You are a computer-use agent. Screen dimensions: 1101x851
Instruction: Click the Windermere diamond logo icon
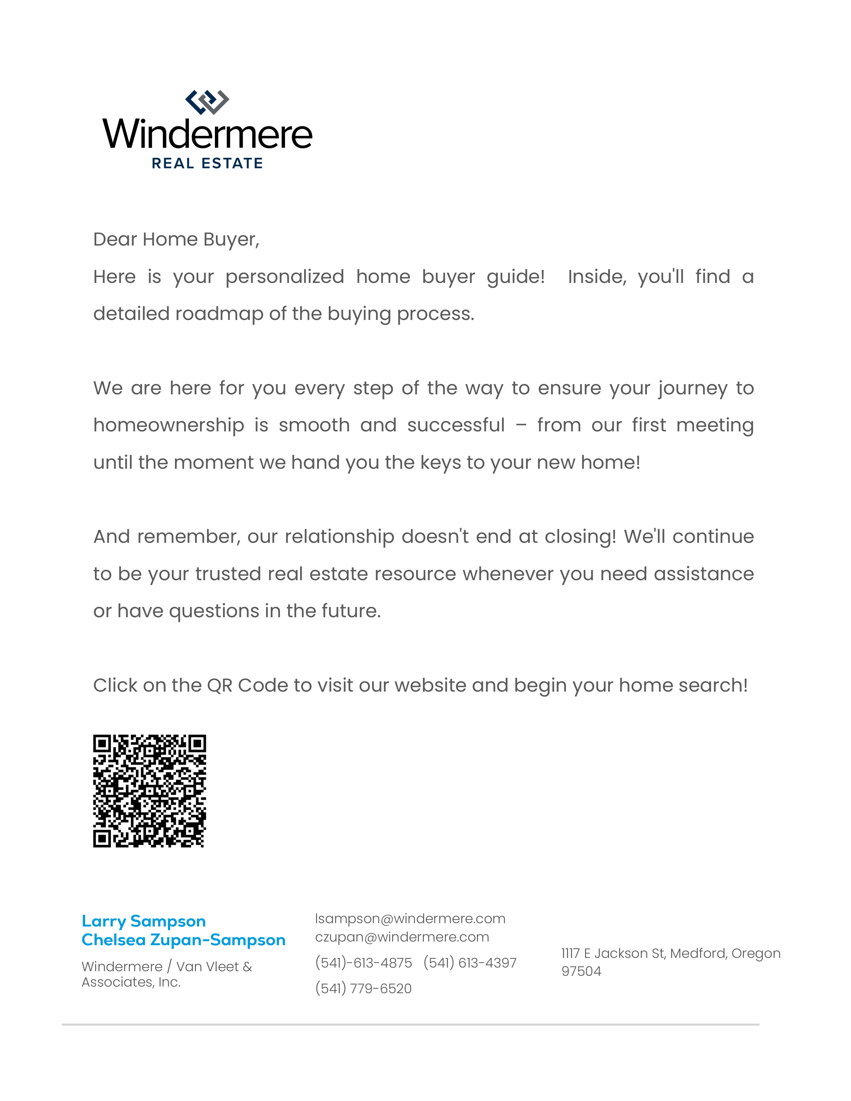point(207,102)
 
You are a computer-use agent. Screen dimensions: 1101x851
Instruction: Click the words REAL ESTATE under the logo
point(207,163)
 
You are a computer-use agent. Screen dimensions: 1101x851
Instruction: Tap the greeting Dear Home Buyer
point(176,240)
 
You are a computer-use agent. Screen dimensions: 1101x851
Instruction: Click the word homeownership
point(169,425)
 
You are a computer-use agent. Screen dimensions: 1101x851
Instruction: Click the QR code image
point(150,791)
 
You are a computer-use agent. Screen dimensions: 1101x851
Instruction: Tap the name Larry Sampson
point(144,921)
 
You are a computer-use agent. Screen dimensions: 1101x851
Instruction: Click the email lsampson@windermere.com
point(410,919)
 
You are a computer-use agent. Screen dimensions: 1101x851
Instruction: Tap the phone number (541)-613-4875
point(363,963)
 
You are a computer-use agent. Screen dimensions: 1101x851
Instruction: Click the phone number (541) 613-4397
point(470,963)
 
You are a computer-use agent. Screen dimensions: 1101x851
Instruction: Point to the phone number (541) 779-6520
point(363,989)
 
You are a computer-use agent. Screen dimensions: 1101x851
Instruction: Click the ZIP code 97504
point(581,972)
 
